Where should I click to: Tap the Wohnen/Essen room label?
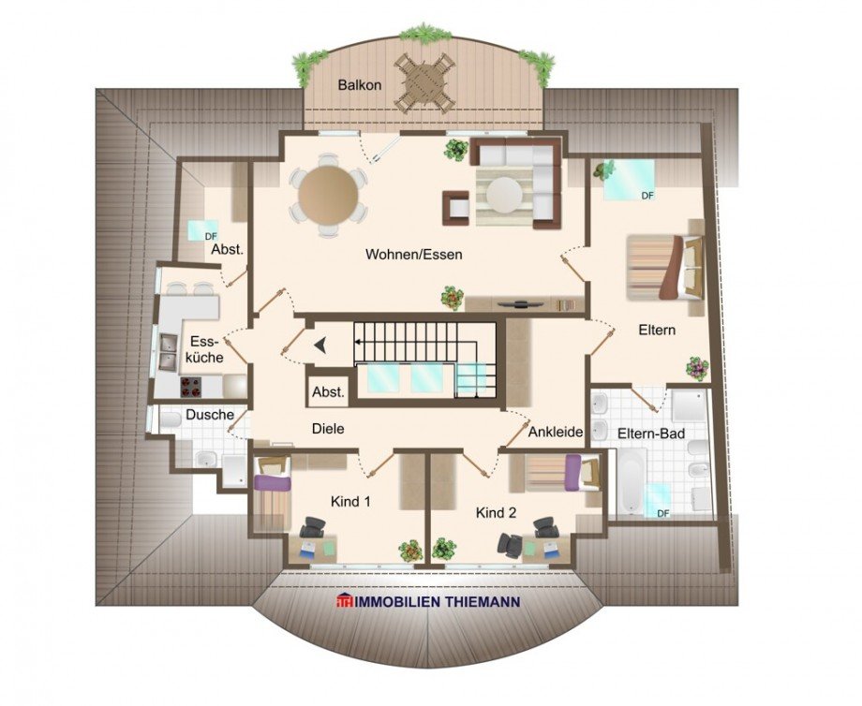[414, 254]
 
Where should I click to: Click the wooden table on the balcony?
[424, 81]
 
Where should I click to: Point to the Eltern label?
[657, 331]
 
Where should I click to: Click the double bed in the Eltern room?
[664, 267]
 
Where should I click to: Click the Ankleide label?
[557, 433]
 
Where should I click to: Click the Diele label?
[328, 429]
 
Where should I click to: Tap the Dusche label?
[202, 414]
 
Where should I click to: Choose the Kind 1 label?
[351, 501]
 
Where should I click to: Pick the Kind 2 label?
[496, 513]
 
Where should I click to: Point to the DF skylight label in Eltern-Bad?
[663, 513]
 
